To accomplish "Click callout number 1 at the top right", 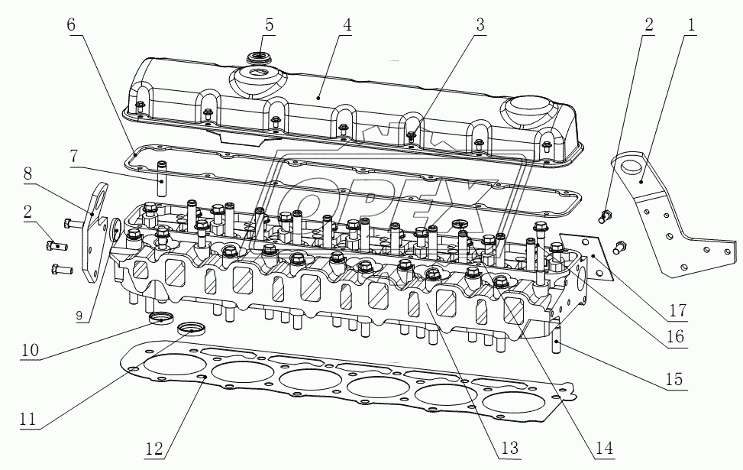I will (x=691, y=24).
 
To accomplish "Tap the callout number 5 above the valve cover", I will (x=269, y=24).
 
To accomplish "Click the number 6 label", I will (x=71, y=24).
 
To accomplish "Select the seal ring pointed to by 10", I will (x=160, y=318).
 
